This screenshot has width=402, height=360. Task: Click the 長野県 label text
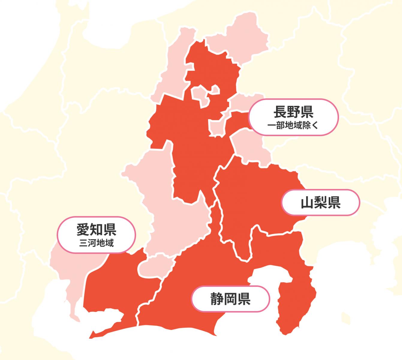[x=293, y=112]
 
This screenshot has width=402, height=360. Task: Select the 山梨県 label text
[x=320, y=203]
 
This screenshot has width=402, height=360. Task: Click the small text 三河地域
[x=96, y=243]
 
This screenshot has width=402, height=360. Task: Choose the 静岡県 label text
[x=231, y=299]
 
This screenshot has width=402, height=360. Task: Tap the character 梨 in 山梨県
[x=320, y=203]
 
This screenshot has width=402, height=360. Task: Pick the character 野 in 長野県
[x=293, y=112]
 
